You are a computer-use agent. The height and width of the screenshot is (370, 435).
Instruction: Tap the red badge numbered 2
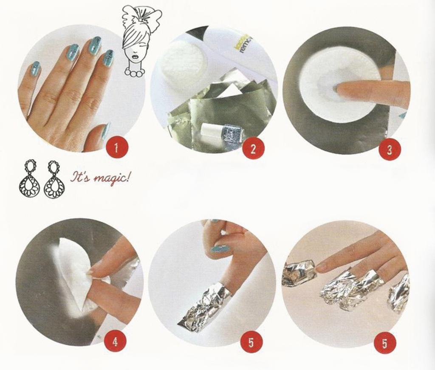[x=253, y=149]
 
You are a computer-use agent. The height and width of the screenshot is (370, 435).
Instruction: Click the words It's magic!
[x=100, y=177]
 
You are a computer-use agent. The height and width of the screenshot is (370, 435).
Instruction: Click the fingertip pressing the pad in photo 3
[x=344, y=88]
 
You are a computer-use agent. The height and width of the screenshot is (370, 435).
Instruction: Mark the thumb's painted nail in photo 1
[x=106, y=131]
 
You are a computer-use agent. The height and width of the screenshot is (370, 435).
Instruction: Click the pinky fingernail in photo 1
[x=35, y=68]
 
